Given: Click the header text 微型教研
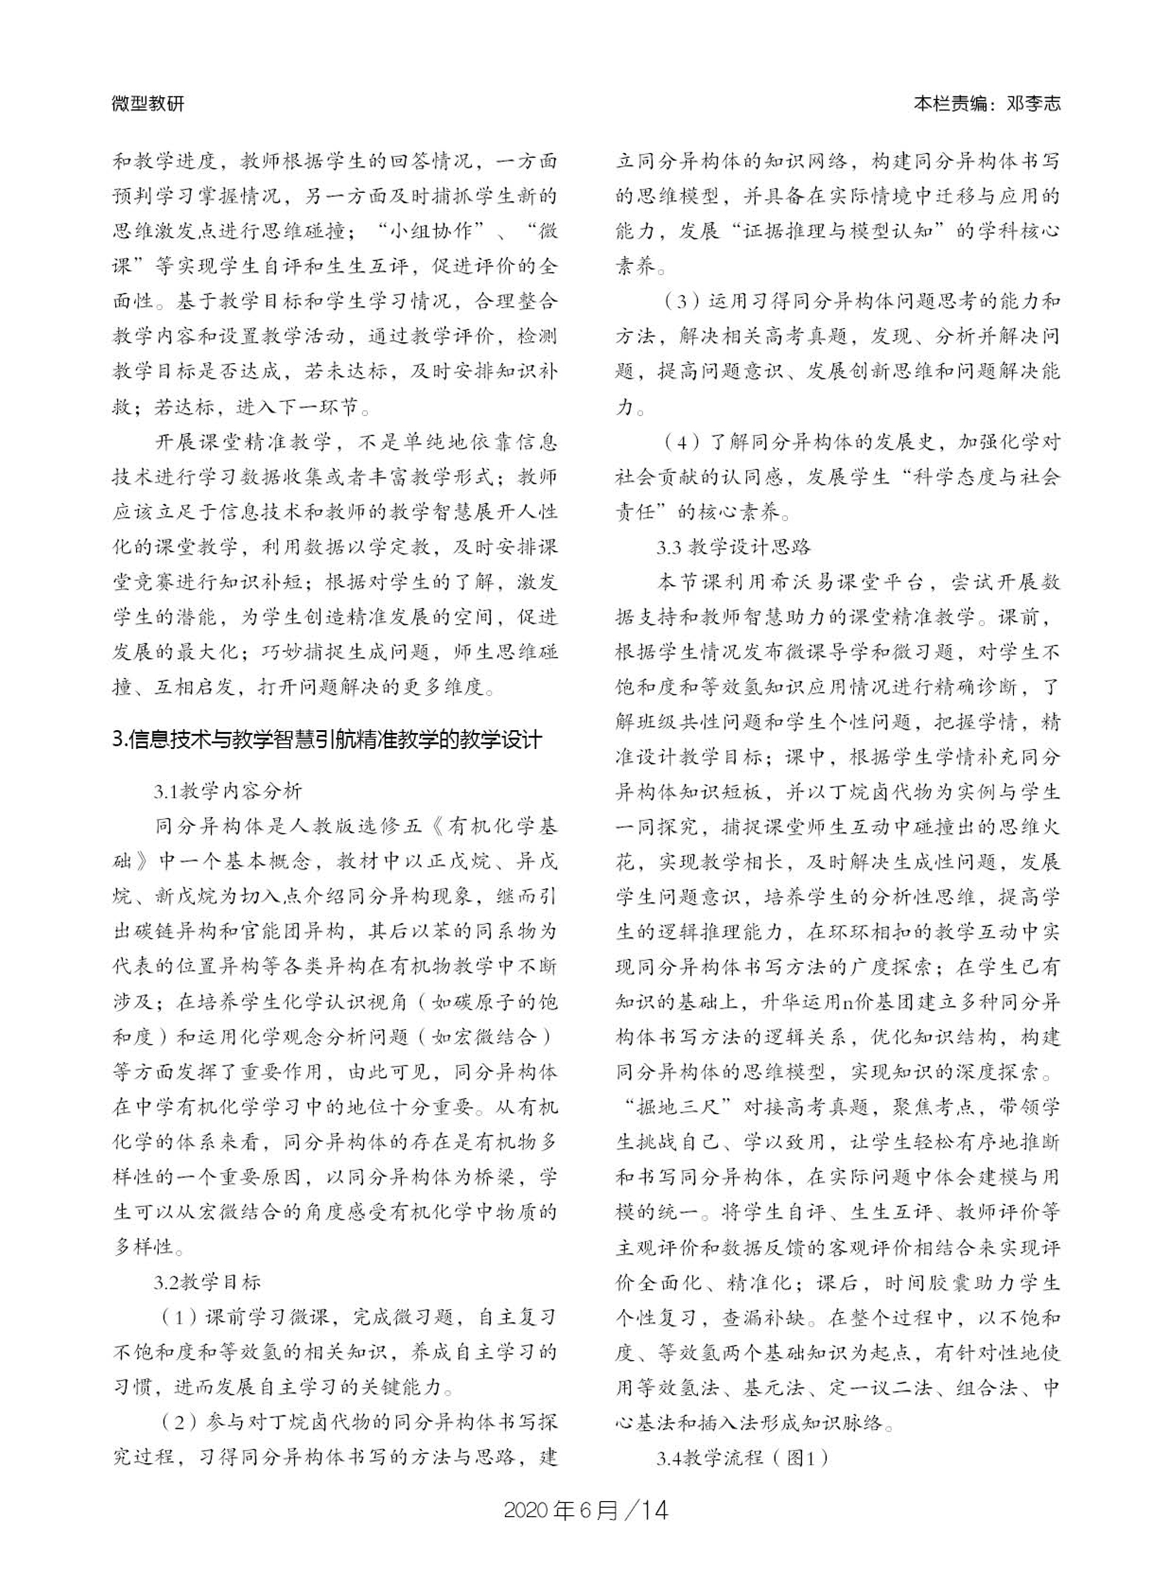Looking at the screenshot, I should (148, 104).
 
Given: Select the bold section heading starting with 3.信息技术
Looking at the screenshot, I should (328, 740).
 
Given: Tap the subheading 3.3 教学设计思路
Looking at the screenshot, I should (733, 547).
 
